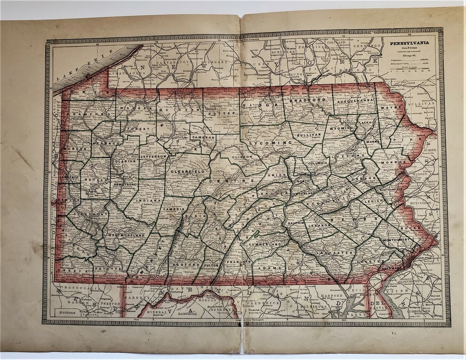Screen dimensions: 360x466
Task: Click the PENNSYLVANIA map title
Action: click(411, 43)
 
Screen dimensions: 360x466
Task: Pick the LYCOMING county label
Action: click(272, 143)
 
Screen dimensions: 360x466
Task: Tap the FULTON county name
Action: click(212, 265)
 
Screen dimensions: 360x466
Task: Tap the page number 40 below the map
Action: click(103, 332)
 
